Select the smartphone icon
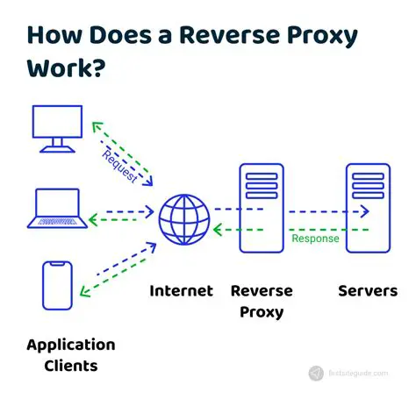tap(56, 285)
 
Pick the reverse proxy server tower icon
tap(261, 209)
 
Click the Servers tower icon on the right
tap(367, 209)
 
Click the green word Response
tap(315, 239)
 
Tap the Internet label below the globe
tap(182, 291)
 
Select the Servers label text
tap(368, 291)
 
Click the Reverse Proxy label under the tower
tap(262, 301)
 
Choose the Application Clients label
tap(71, 355)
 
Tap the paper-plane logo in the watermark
tap(316, 374)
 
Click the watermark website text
tap(359, 374)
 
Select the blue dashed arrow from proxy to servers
tap(315, 210)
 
